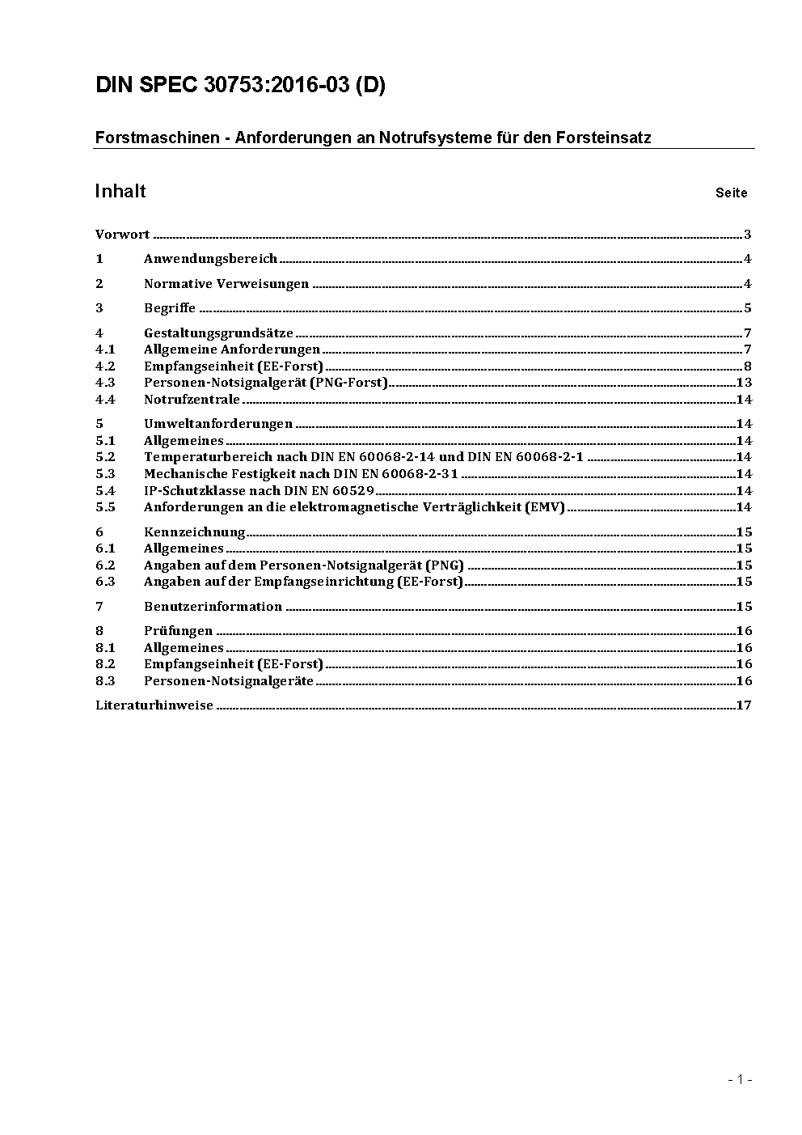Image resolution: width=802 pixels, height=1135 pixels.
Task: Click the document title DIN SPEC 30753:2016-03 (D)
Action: (x=240, y=85)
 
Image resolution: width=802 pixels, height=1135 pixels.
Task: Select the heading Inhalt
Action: (x=120, y=191)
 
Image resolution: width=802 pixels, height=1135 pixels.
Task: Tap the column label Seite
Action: (x=731, y=193)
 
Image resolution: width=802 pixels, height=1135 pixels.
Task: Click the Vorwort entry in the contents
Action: (x=122, y=235)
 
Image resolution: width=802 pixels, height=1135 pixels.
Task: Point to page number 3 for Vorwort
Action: (x=748, y=235)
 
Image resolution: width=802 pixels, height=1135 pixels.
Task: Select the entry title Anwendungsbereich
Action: (x=210, y=259)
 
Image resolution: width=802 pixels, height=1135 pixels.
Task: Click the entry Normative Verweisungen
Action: (x=226, y=284)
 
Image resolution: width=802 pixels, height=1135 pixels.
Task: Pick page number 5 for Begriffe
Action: (x=748, y=308)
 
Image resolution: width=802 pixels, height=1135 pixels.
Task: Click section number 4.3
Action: (x=105, y=383)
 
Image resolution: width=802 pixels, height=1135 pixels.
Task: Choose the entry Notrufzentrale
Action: (x=192, y=400)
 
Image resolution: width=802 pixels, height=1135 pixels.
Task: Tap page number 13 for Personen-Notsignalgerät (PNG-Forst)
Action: (x=744, y=383)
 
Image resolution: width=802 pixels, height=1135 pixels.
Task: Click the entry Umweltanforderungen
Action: (x=218, y=424)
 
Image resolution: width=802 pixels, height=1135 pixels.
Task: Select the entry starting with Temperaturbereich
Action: (x=364, y=457)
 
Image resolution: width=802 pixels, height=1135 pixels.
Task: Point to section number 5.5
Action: (x=105, y=507)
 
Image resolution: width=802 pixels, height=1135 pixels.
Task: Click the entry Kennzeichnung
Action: (x=194, y=532)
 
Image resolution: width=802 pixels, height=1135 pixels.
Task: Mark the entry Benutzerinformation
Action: (x=213, y=607)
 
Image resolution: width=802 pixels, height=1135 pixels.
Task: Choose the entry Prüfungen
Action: (x=178, y=631)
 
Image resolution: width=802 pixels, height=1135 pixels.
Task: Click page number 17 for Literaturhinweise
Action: (x=744, y=705)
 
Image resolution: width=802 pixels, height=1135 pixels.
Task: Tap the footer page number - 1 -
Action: (x=739, y=1079)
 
